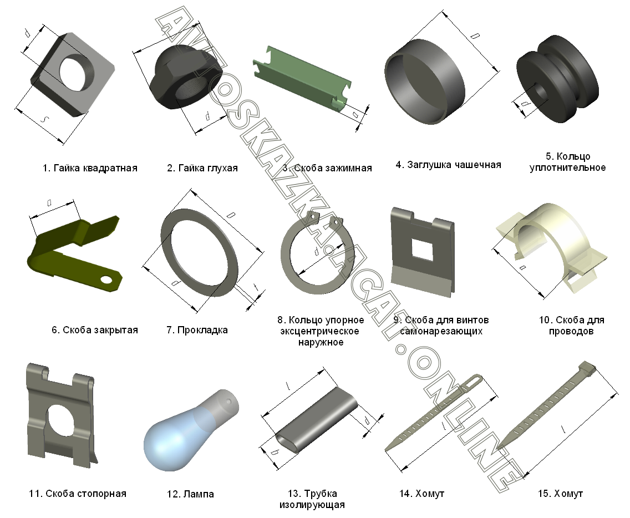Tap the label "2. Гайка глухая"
point(202,168)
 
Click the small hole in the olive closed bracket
point(106,279)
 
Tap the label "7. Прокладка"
point(197,331)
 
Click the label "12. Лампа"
point(190,494)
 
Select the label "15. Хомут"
point(560,494)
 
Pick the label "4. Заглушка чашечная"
point(449,165)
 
